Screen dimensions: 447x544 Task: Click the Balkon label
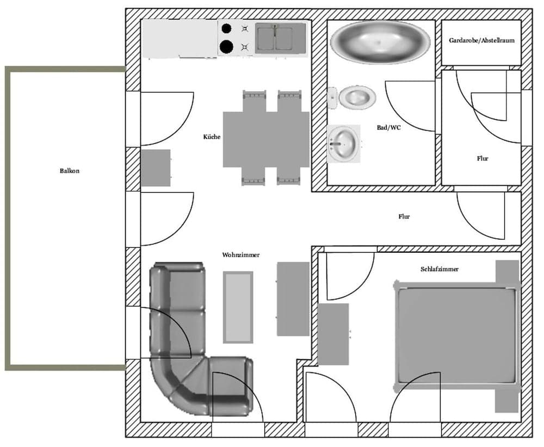pos(70,171)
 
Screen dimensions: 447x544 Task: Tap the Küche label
pos(212,137)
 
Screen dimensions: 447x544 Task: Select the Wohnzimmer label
pos(240,255)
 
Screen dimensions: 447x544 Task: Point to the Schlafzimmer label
pos(439,270)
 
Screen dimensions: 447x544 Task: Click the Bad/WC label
pos(386,128)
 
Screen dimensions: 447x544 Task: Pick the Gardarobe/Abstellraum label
pos(481,41)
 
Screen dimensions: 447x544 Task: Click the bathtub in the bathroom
pos(380,42)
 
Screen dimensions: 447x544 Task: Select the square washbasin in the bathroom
pos(344,144)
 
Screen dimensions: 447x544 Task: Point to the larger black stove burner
pos(226,47)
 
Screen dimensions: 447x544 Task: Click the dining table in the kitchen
pos(266,139)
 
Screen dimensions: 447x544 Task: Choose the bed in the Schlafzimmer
pos(456,335)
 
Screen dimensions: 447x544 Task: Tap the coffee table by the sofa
pos(238,307)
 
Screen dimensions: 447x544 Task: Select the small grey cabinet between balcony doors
pos(156,168)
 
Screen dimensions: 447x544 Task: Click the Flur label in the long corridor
pos(404,217)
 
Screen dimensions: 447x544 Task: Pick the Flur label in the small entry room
pos(482,159)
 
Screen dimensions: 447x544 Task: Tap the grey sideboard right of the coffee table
pos(293,299)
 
